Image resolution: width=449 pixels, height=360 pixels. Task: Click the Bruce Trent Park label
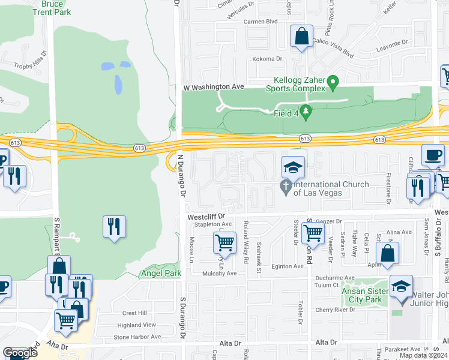pos(52,8)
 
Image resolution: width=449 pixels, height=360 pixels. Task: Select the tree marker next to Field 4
pos(306,111)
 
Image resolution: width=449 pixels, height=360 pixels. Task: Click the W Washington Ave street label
pos(213,87)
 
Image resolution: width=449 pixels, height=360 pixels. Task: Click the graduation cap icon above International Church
pos(293,167)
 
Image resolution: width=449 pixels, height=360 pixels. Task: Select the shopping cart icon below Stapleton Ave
pos(224,242)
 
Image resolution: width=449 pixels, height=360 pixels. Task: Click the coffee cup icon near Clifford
pos(432,155)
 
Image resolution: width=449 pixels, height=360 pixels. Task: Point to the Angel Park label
pos(160,274)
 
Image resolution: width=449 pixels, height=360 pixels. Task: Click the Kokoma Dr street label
pos(267,59)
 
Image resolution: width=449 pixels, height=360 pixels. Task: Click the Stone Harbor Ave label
pos(137,337)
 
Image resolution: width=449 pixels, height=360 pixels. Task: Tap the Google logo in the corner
pos(20,353)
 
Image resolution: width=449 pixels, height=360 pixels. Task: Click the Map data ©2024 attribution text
pos(425,356)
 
